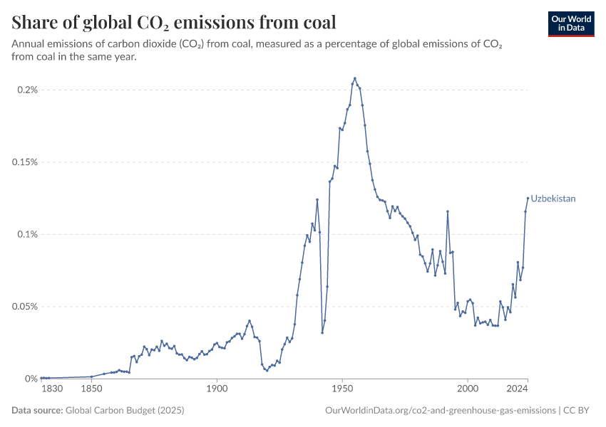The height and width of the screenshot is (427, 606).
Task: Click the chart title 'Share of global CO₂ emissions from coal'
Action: (x=174, y=23)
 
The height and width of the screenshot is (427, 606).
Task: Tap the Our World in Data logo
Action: (x=570, y=23)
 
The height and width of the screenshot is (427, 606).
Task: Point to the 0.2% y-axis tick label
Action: (x=27, y=90)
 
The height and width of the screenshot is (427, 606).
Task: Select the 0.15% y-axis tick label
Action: (x=24, y=162)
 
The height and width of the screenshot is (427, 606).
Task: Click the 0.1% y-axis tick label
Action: (x=27, y=234)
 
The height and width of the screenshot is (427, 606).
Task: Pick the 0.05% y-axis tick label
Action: (x=24, y=307)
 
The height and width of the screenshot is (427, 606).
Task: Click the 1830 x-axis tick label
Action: (x=52, y=389)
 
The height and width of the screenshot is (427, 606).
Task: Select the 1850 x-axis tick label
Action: (x=91, y=389)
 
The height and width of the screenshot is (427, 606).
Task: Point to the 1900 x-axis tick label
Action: (x=217, y=389)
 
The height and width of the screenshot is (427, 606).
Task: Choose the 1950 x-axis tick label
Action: (x=342, y=389)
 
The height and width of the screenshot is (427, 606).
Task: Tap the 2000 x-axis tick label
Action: (x=468, y=389)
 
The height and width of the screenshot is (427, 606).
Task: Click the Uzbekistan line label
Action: (x=553, y=199)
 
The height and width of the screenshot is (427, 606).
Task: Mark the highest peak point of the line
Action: (x=355, y=78)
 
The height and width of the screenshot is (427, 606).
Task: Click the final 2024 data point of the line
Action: (x=528, y=199)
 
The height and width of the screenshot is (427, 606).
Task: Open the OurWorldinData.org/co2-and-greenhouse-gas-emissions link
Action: (x=440, y=411)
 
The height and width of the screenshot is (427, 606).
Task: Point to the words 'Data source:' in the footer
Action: (x=37, y=411)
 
